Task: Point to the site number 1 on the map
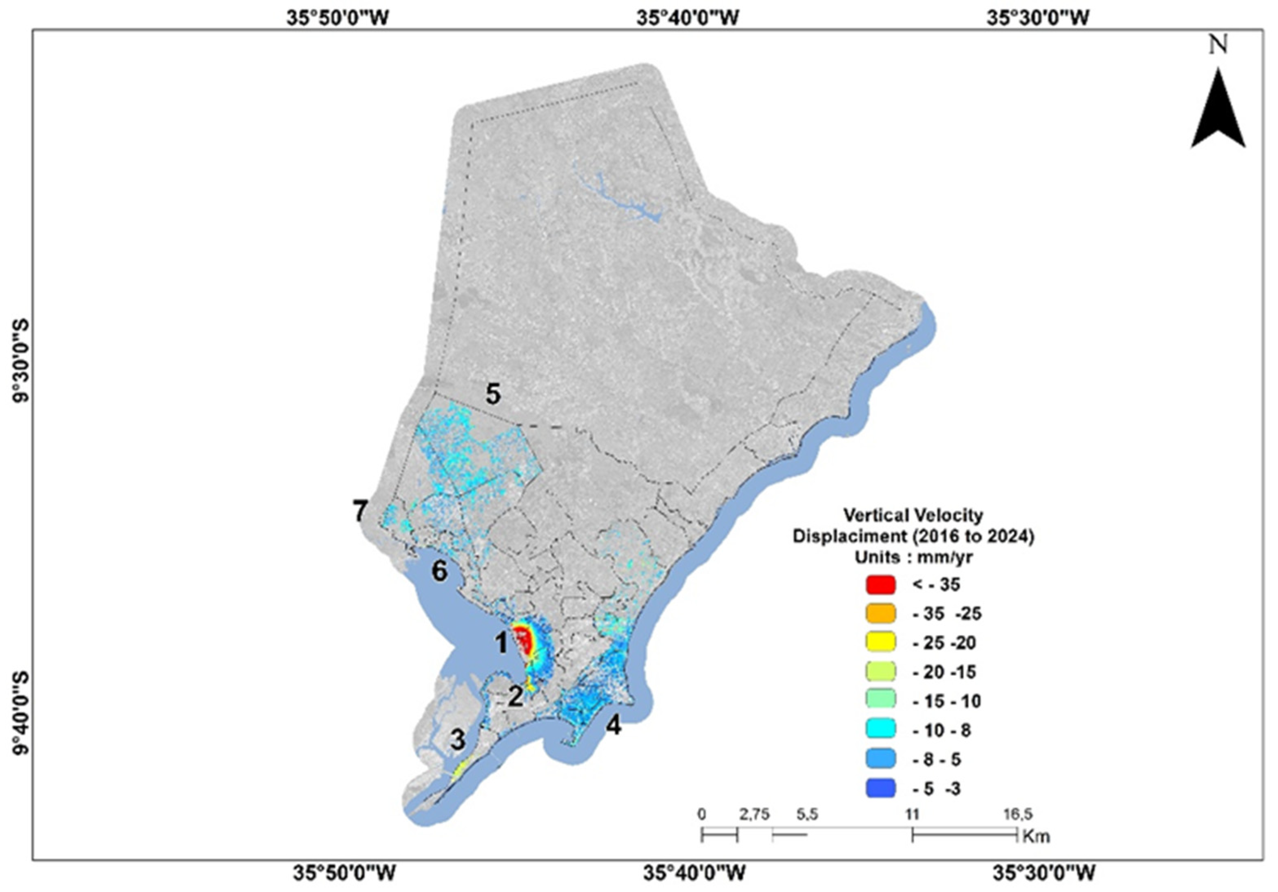pos(501,643)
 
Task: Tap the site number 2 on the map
pos(516,697)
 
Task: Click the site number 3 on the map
pos(458,741)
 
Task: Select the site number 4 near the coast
pos(614,726)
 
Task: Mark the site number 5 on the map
pos(493,395)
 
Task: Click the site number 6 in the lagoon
pos(440,571)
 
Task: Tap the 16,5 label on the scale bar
pos(1017,814)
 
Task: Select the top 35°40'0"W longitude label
pos(688,18)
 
